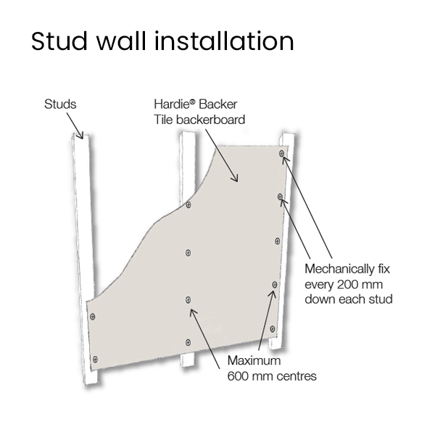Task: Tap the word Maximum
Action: coord(253,360)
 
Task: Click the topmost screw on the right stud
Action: coord(282,154)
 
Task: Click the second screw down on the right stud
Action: coord(280,196)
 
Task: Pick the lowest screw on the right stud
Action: coord(274,285)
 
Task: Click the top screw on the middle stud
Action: coord(188,205)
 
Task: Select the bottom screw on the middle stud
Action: coord(188,341)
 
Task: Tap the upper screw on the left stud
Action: coord(92,317)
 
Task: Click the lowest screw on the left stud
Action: coord(94,358)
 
